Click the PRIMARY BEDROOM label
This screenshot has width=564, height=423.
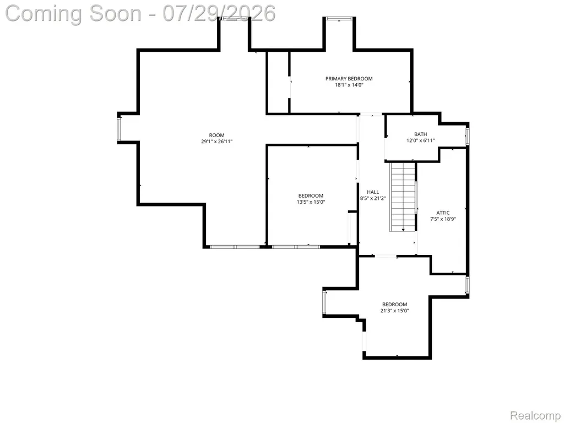[349, 78]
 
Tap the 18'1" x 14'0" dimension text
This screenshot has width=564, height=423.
[349, 85]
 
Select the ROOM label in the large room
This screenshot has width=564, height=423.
[216, 135]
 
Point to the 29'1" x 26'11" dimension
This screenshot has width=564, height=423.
[216, 142]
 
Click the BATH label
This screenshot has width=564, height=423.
[420, 134]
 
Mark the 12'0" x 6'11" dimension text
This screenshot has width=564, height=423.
[420, 140]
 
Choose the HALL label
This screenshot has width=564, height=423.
[373, 192]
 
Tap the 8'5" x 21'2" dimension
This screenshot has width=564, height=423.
[373, 198]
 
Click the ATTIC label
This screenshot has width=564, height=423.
[443, 213]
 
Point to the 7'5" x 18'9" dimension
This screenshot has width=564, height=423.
[443, 219]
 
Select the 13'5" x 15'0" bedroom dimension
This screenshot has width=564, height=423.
[311, 202]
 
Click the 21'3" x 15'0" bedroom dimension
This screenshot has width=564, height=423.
[394, 311]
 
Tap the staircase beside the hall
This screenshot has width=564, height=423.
[403, 197]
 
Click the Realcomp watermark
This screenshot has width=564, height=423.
[535, 415]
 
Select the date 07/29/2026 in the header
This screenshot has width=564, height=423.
[219, 13]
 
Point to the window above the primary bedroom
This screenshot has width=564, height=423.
[339, 18]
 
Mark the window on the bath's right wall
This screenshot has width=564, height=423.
[467, 136]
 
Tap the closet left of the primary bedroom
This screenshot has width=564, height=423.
[278, 83]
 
